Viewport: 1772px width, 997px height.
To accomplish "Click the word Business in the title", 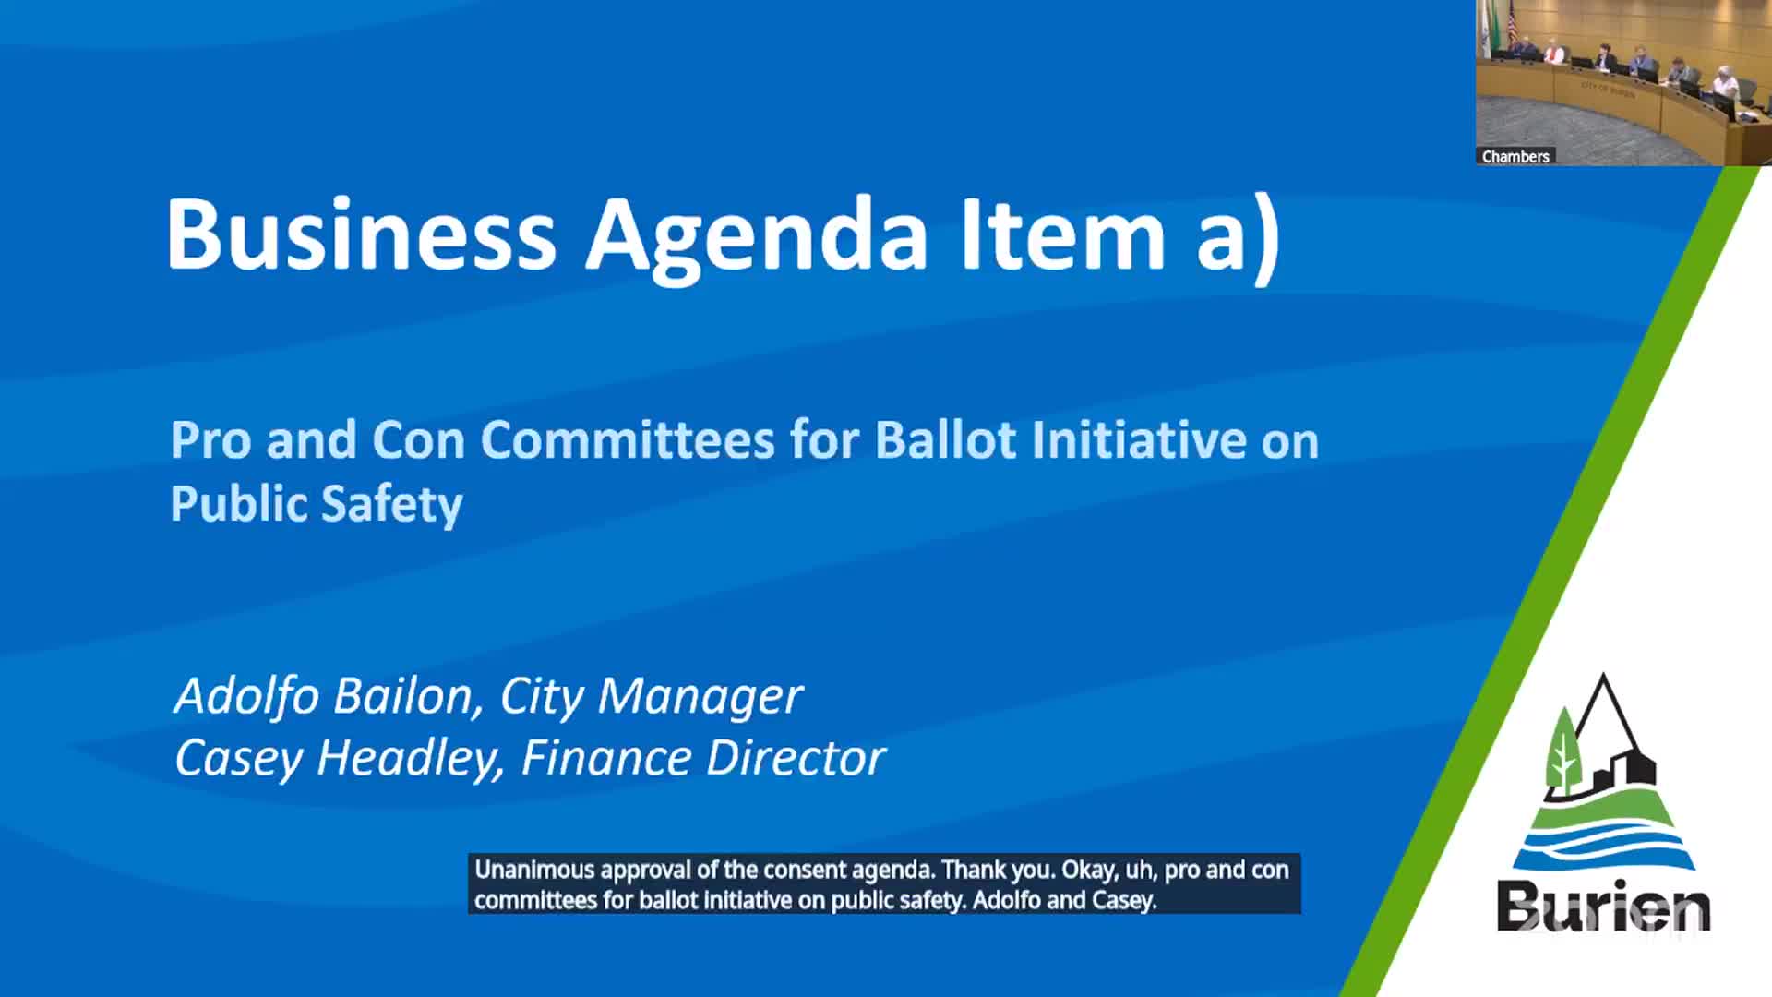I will (361, 234).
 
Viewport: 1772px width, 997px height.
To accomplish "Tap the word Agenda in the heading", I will (756, 236).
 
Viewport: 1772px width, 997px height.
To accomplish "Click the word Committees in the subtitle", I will (628, 439).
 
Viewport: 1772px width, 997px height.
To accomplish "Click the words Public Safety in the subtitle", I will (317, 504).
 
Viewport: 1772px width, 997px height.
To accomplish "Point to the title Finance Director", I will (703, 758).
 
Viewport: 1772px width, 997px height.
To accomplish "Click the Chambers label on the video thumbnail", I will (1515, 156).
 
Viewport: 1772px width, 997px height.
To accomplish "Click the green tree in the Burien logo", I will (1562, 752).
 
